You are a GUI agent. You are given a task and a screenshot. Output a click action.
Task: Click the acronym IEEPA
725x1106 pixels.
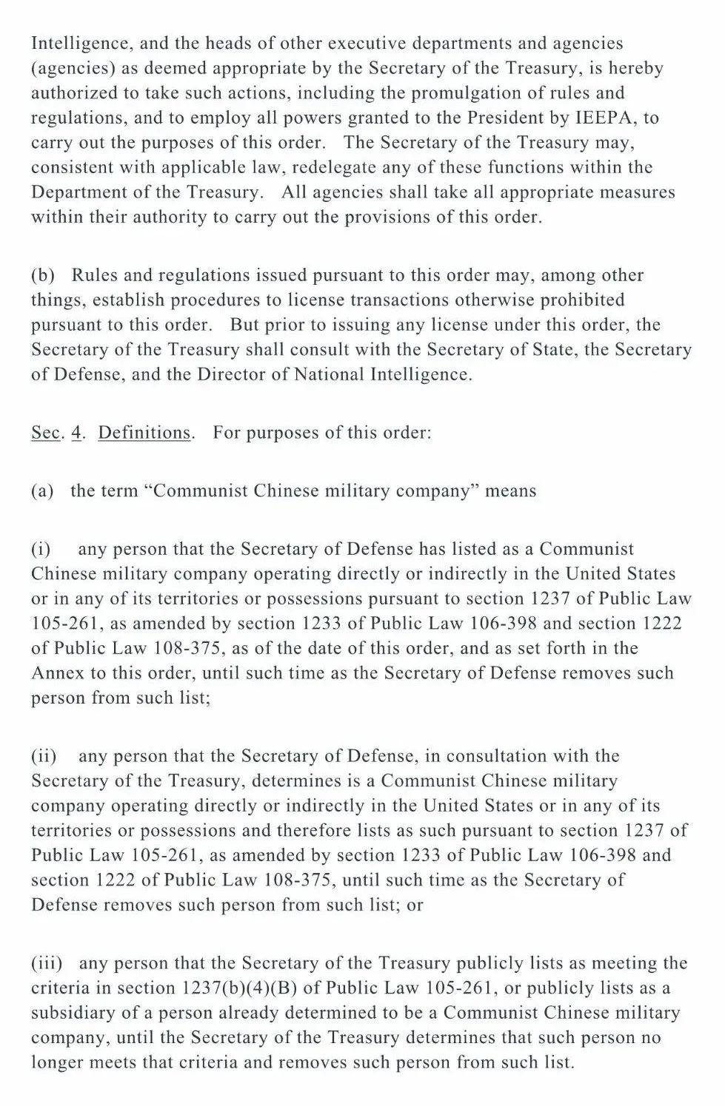(x=605, y=118)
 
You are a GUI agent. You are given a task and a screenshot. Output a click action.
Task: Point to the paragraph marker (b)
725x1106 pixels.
(x=43, y=275)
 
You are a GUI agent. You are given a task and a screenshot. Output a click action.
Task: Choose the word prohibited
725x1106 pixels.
(x=578, y=300)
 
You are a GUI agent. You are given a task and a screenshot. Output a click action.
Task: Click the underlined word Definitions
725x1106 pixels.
(x=144, y=432)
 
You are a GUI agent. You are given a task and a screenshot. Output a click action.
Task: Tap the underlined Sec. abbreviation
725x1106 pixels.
(x=44, y=432)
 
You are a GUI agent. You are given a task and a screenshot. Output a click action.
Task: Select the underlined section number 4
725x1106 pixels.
(x=76, y=432)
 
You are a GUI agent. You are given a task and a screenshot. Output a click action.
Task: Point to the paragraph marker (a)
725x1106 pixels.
(x=42, y=490)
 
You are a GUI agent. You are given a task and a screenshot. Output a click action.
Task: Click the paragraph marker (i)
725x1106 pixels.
(x=41, y=549)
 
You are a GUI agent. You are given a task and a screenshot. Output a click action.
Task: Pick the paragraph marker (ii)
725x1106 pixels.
(x=44, y=755)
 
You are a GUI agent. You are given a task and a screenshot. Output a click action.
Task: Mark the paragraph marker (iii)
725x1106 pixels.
(x=47, y=962)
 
